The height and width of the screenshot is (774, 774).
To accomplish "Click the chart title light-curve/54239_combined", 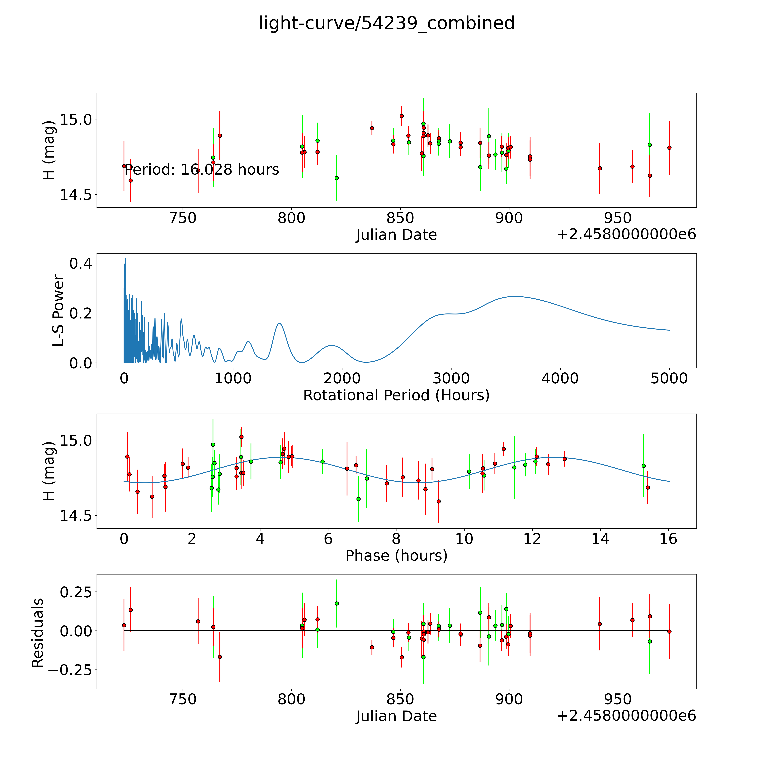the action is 387,23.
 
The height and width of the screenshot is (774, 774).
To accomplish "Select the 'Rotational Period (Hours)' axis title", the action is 396,395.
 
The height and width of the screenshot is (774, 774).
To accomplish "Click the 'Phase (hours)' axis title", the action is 396,556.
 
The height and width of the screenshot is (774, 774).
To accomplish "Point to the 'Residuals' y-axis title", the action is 37,633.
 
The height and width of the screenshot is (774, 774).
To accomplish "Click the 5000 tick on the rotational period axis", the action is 669,378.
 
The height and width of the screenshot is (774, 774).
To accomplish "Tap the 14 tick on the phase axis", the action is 600,539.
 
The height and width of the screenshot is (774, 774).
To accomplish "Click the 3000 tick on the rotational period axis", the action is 451,378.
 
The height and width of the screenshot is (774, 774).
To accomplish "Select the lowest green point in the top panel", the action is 337,178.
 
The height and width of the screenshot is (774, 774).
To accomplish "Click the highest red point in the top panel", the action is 402,116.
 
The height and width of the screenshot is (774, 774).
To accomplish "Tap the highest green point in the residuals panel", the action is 337,603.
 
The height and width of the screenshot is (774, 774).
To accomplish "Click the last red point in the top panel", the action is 669,147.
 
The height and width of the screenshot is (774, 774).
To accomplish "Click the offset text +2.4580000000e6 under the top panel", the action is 626,234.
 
